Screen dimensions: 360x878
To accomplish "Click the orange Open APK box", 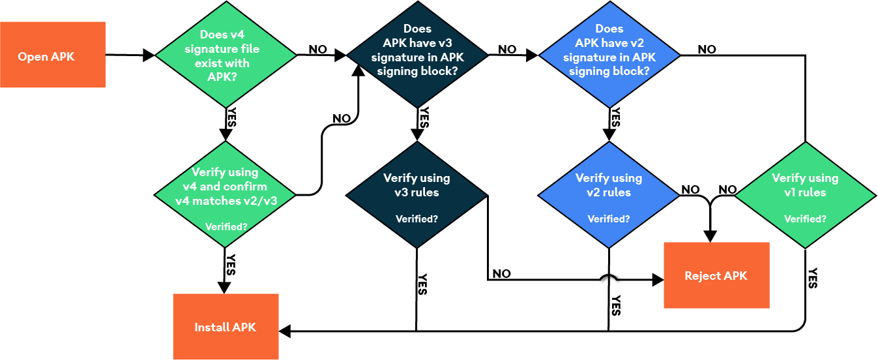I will [52, 55].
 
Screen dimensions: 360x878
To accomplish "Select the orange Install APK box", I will [226, 327].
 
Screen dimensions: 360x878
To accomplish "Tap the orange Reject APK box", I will [716, 275].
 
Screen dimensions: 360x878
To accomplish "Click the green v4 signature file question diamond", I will [226, 55].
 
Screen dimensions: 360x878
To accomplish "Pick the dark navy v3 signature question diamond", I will [417, 55].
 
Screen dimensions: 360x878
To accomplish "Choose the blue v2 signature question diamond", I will [609, 55].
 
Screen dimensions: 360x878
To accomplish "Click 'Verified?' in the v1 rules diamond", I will [805, 219].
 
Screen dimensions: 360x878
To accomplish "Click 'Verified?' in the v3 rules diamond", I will [417, 219].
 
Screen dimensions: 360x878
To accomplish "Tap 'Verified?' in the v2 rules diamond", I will [609, 219].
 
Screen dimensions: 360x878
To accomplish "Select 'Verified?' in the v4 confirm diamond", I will [226, 227].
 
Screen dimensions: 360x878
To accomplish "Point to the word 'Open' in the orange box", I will [33, 57].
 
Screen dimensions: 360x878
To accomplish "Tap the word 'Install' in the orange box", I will [212, 327].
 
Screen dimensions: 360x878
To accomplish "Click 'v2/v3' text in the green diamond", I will [260, 201].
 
